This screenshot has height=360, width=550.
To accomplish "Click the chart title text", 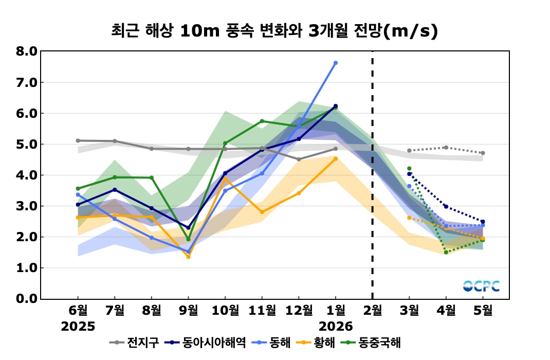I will pos(274,31).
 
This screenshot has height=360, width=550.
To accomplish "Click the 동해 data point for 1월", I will pos(336,63).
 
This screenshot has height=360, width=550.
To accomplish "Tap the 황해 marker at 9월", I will pos(188,257).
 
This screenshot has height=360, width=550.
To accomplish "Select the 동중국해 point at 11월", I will pos(262,121).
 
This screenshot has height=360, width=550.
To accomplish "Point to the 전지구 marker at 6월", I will pos(78,140).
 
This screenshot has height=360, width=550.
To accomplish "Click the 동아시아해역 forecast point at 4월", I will pos(446,207).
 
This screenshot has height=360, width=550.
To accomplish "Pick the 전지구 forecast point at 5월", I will pos(483,153).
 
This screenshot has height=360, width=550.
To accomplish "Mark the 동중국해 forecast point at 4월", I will pos(446,252).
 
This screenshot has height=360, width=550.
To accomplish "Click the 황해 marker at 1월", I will pos(336,159).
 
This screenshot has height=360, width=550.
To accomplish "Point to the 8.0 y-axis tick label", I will pos(27,51).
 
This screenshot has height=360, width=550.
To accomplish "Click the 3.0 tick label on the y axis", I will pos(27,206).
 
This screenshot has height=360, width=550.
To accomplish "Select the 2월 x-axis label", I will pos(372,310).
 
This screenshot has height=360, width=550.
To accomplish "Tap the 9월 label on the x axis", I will pos(188,310).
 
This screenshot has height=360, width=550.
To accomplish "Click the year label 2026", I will pos(336,326).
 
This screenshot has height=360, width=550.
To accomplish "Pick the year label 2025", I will pos(78,326).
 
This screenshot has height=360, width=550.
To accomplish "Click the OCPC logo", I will pos(481,286).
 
